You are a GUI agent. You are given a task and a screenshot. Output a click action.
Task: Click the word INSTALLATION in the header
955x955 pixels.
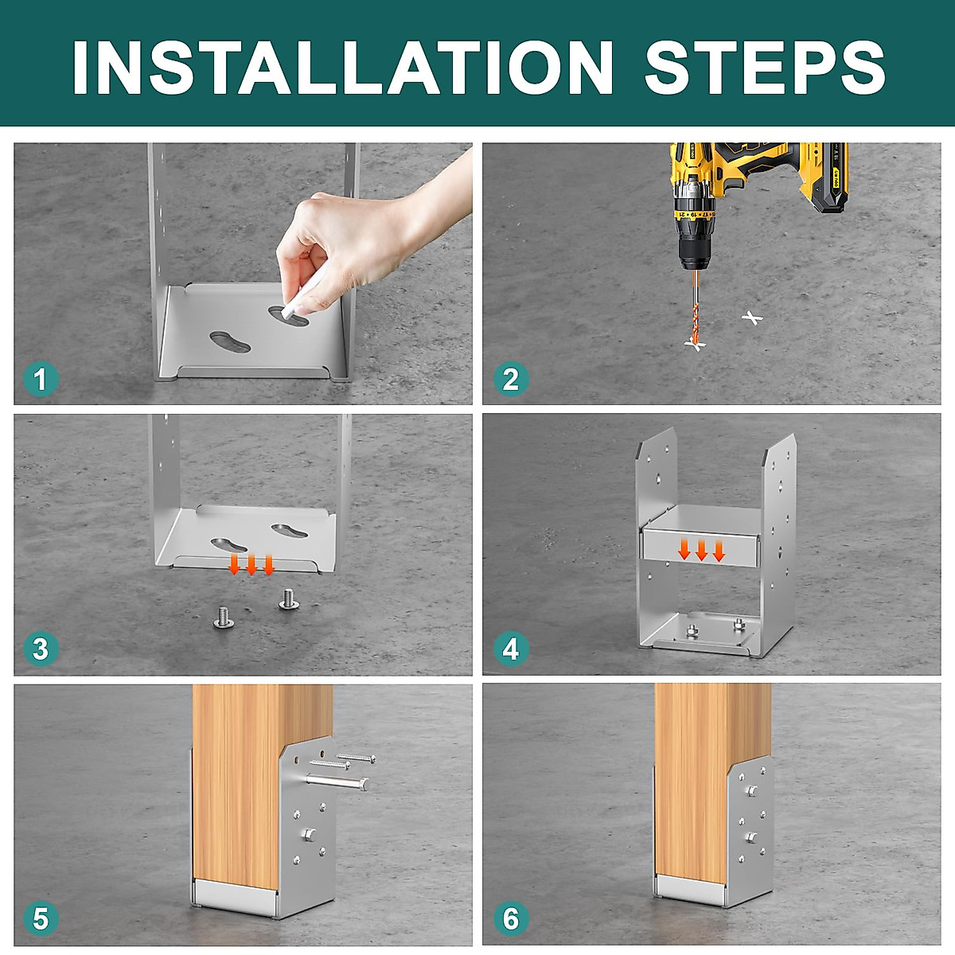coord(343,67)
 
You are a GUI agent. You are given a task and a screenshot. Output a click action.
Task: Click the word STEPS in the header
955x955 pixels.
coord(764,67)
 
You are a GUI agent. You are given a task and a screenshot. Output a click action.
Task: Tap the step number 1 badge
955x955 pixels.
coord(41,380)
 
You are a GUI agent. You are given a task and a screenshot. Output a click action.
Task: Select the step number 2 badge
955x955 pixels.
coord(511,380)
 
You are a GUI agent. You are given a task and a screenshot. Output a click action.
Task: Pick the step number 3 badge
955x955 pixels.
coord(41,649)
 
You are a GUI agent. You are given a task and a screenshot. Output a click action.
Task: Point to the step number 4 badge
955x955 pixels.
coord(511,649)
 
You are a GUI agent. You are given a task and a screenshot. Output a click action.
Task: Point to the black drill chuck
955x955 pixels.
coord(695,252)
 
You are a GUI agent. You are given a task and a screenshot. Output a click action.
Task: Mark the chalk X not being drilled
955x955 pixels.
coord(752,318)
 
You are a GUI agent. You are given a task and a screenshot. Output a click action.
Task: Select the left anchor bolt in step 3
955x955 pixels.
coord(224,617)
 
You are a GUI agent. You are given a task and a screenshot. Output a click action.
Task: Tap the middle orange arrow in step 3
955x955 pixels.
coord(251,564)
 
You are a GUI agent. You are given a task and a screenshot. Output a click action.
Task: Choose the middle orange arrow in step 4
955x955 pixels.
coord(701,550)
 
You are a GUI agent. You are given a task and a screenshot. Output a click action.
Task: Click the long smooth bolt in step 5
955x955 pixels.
coord(337,782)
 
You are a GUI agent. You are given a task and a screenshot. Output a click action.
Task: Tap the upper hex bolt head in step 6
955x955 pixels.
coord(751,790)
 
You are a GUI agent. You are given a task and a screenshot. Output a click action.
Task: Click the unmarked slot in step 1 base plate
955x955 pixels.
coord(230,342)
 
